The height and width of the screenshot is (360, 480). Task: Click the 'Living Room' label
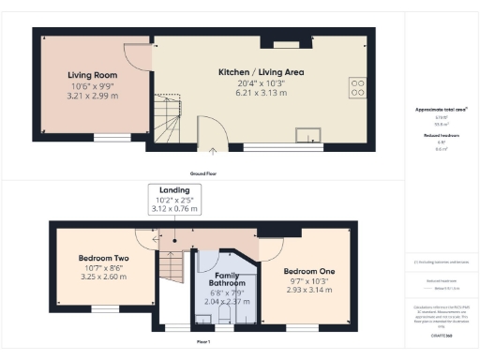coord(91,73)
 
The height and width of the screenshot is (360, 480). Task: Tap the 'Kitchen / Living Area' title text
coord(256,72)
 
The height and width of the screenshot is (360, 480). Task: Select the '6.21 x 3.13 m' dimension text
coord(256,92)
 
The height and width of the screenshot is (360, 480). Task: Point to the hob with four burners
coord(357,87)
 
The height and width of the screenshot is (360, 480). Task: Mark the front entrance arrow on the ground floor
coord(213,148)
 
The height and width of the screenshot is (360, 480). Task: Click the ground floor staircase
coord(170,116)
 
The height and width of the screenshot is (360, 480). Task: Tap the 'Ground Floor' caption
coord(204,174)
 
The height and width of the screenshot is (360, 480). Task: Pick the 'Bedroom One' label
coord(309,271)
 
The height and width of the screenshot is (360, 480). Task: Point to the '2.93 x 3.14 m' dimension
coord(309,291)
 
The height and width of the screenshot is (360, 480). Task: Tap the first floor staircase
coord(172,267)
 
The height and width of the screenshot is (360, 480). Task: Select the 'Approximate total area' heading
coord(441,110)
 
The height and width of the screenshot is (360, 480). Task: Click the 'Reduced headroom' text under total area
coord(441,136)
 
